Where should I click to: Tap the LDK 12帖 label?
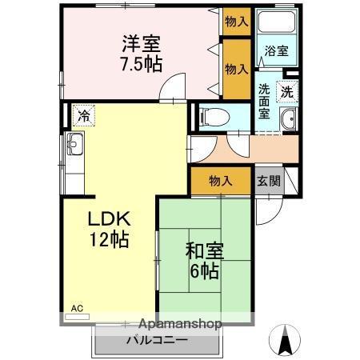(108, 228)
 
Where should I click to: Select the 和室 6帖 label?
(203, 259)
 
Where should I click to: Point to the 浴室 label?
(277, 50)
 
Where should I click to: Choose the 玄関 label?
(269, 181)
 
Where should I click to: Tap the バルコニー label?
(157, 340)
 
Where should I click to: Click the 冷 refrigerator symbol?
(82, 115)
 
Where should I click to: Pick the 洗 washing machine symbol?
(286, 91)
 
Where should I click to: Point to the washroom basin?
(289, 121)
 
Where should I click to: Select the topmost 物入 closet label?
(236, 21)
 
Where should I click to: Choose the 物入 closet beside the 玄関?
(220, 181)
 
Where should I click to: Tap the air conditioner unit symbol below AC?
(78, 316)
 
